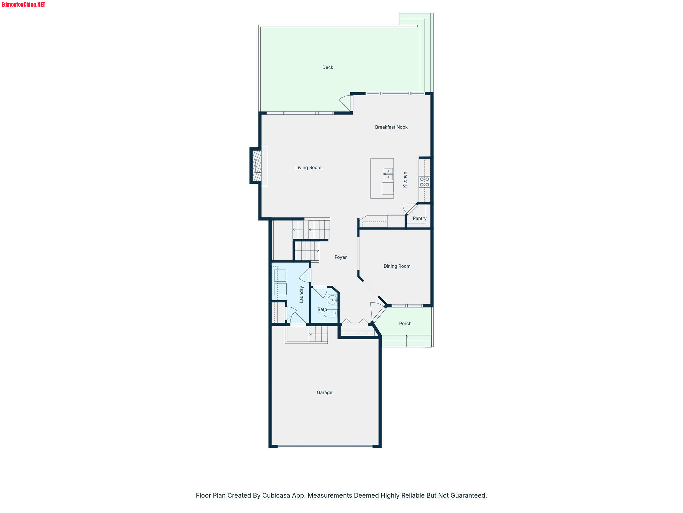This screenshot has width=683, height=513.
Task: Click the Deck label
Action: [328, 67]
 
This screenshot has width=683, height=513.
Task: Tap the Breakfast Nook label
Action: [391, 127]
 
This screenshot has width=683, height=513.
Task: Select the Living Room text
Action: [308, 168]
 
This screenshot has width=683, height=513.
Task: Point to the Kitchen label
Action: [405, 180]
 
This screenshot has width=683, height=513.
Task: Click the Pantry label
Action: [420, 218]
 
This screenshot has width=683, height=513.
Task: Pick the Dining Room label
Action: [397, 266]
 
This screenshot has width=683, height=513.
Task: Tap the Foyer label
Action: [340, 257]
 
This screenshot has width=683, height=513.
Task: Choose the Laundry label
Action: [301, 294]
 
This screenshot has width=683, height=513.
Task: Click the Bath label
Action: [322, 309]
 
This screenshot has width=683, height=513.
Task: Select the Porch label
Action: [405, 323]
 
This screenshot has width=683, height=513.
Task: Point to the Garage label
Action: [324, 392]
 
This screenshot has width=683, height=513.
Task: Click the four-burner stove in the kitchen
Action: [425, 182]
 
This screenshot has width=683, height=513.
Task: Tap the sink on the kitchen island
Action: [388, 174]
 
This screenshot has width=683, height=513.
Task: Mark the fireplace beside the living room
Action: [256, 166]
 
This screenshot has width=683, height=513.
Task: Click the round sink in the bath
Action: [333, 300]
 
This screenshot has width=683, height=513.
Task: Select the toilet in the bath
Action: [331, 313]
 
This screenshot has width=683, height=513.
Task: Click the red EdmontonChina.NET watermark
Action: [23, 4]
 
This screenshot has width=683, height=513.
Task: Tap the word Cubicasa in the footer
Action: [276, 495]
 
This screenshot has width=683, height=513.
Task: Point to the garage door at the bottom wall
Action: [325, 446]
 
